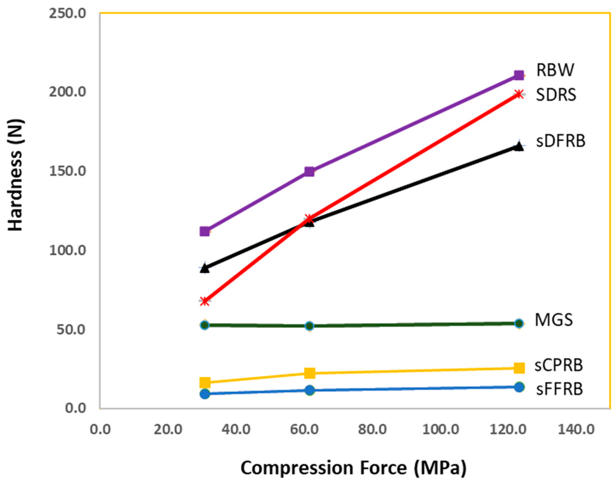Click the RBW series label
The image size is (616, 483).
(555, 70)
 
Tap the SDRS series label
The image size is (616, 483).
(556, 95)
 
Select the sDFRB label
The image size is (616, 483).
(560, 141)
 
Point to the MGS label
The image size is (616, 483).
(554, 320)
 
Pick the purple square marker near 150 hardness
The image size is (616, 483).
(309, 171)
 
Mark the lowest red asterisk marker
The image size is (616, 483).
(205, 301)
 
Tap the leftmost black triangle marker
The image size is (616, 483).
(205, 268)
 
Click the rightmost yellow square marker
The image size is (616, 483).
(519, 368)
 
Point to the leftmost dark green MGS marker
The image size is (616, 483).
(205, 325)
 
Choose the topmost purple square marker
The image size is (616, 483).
(519, 75)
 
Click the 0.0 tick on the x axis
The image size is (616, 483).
(100, 430)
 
